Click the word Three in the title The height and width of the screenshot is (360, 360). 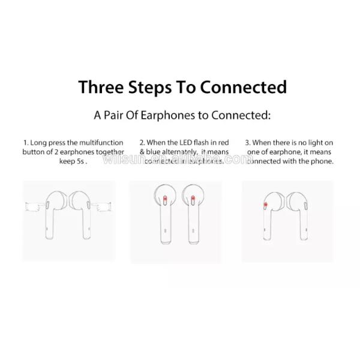[x=103, y=87]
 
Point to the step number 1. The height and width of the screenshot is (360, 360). [x=25, y=143]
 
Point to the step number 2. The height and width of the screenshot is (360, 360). [x=142, y=143]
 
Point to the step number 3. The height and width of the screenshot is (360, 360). [x=247, y=143]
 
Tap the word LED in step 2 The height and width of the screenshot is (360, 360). [x=188, y=143]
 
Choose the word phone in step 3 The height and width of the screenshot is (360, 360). [x=322, y=162]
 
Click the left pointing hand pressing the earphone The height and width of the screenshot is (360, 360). [x=35, y=206]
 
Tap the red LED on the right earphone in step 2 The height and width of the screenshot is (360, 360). [x=193, y=199]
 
